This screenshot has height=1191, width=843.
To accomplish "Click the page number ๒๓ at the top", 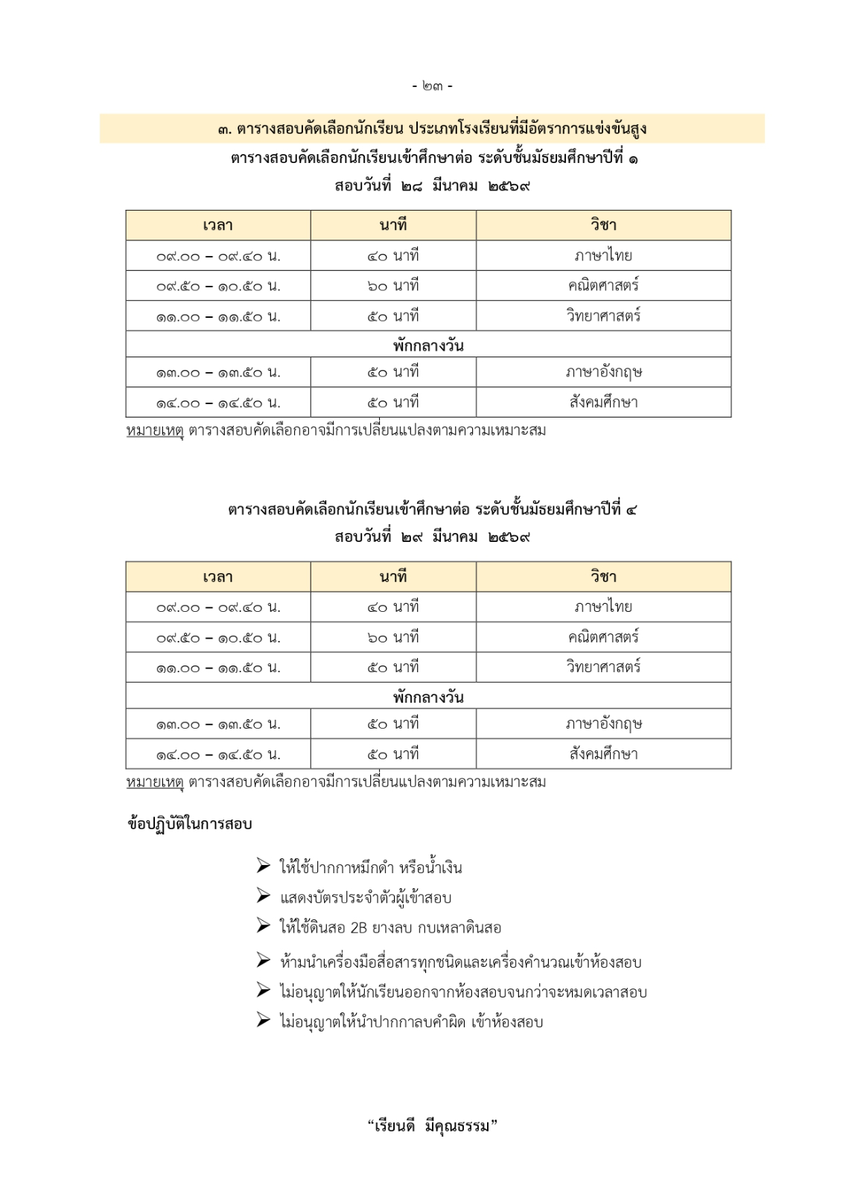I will coord(432,86).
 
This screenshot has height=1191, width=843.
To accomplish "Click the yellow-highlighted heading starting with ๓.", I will coord(432,129).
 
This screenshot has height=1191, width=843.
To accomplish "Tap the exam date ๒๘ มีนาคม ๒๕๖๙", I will coord(432,186).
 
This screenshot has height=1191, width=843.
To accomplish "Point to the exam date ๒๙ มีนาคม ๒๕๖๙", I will coord(432,537).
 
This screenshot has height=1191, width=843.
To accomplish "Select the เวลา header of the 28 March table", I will coord(217,226).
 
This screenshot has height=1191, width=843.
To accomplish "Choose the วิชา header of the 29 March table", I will coord(603,577).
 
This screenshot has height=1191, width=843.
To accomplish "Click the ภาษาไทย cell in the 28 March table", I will coord(603,256).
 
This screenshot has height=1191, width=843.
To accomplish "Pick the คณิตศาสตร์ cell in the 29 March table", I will coord(603,637).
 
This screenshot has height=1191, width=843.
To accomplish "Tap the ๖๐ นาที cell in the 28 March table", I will coord(393,286).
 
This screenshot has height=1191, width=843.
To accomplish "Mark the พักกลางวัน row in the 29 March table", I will coord(428,697).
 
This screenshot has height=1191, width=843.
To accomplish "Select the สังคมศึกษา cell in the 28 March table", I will coord(603,403).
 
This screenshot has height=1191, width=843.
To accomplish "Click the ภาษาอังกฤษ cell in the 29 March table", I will coord(603,724).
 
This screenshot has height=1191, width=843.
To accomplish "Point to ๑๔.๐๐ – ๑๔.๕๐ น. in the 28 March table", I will coord(217,403).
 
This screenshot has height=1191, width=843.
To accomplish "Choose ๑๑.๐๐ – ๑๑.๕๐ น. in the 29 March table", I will coord(217,668).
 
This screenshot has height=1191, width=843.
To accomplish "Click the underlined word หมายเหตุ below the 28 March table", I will coord(155,430).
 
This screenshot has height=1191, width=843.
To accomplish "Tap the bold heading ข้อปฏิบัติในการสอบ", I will coord(190,824).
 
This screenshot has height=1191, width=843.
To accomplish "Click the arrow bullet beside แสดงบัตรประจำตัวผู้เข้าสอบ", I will coord(264,896).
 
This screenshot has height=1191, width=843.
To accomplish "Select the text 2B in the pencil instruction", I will coord(358,928).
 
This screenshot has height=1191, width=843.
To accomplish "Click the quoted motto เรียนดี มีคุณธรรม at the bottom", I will coord(432,1126).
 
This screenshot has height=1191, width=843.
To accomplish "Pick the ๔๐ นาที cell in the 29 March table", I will coord(393,607).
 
